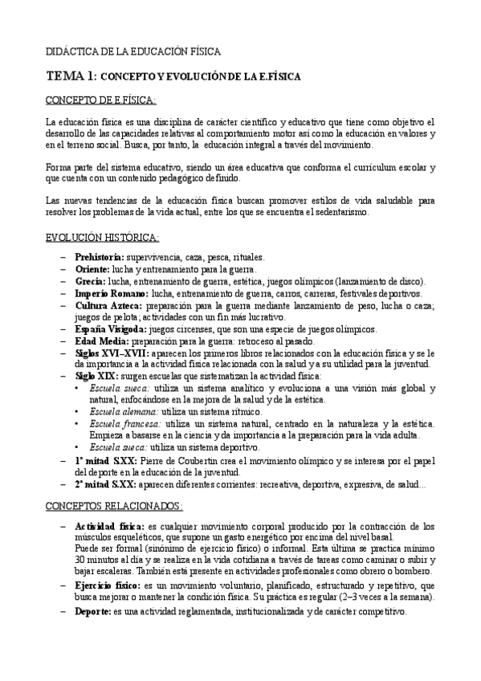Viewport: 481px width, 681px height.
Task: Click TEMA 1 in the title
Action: click(x=71, y=75)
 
